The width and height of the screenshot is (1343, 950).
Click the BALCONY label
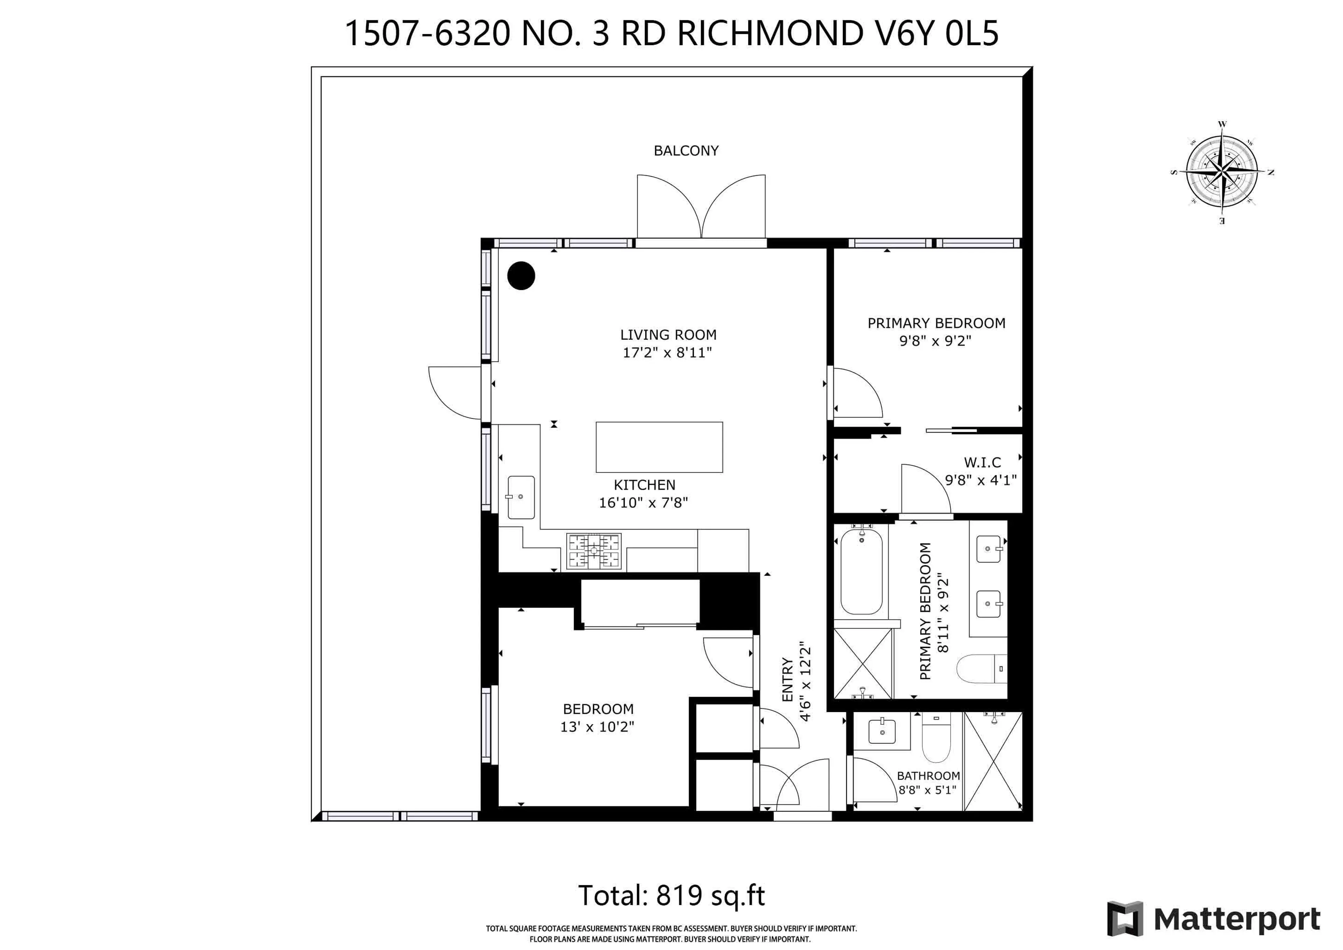click(x=685, y=151)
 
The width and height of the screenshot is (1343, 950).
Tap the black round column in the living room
click(x=521, y=276)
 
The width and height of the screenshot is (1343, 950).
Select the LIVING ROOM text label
click(x=668, y=335)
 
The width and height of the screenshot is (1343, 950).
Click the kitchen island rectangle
click(x=659, y=447)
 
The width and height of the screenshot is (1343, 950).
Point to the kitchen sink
click(x=521, y=497)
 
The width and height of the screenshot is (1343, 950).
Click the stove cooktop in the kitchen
click(x=593, y=551)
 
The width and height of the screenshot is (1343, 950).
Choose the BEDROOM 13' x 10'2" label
click(x=598, y=718)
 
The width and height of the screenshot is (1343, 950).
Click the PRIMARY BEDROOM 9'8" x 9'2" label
click(x=936, y=332)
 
